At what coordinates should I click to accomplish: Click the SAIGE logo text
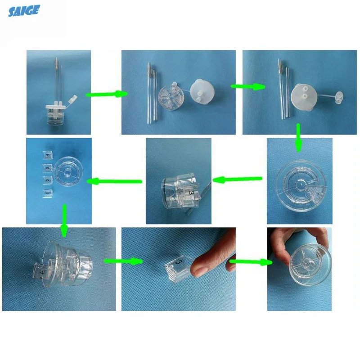click(24, 10)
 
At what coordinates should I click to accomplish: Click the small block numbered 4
click(46, 155)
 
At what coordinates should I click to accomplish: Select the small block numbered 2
click(45, 180)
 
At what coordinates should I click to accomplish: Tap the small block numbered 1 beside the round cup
click(45, 193)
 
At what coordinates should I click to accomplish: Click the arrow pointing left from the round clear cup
click(237, 179)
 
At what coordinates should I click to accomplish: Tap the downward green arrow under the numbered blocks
click(64, 221)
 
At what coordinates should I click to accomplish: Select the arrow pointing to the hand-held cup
click(250, 261)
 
